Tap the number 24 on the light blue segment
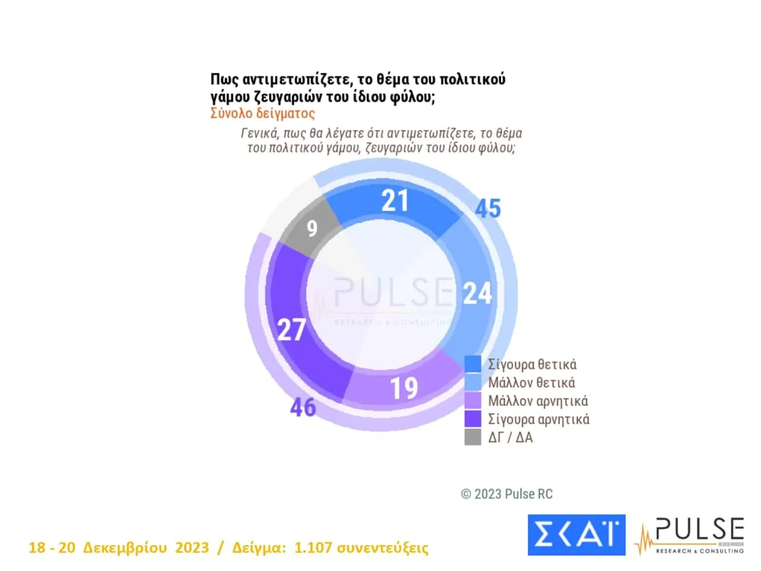tap(477, 293)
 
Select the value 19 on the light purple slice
tap(404, 388)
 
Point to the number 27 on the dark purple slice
tap(291, 330)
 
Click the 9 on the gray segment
tap(312, 228)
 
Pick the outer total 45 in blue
tap(488, 209)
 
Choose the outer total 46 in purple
tap(303, 407)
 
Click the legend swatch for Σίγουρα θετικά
tap(473, 364)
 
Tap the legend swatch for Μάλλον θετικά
tap(473, 382)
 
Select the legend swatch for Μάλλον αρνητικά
tap(473, 400)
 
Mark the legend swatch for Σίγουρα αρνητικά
tap(473, 419)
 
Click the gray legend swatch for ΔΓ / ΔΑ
tap(473, 437)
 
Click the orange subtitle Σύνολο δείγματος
tap(262, 113)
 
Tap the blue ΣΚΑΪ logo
tap(576, 535)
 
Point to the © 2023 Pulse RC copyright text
tap(507, 494)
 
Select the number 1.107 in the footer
tap(313, 548)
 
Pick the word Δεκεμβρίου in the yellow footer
tap(125, 548)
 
